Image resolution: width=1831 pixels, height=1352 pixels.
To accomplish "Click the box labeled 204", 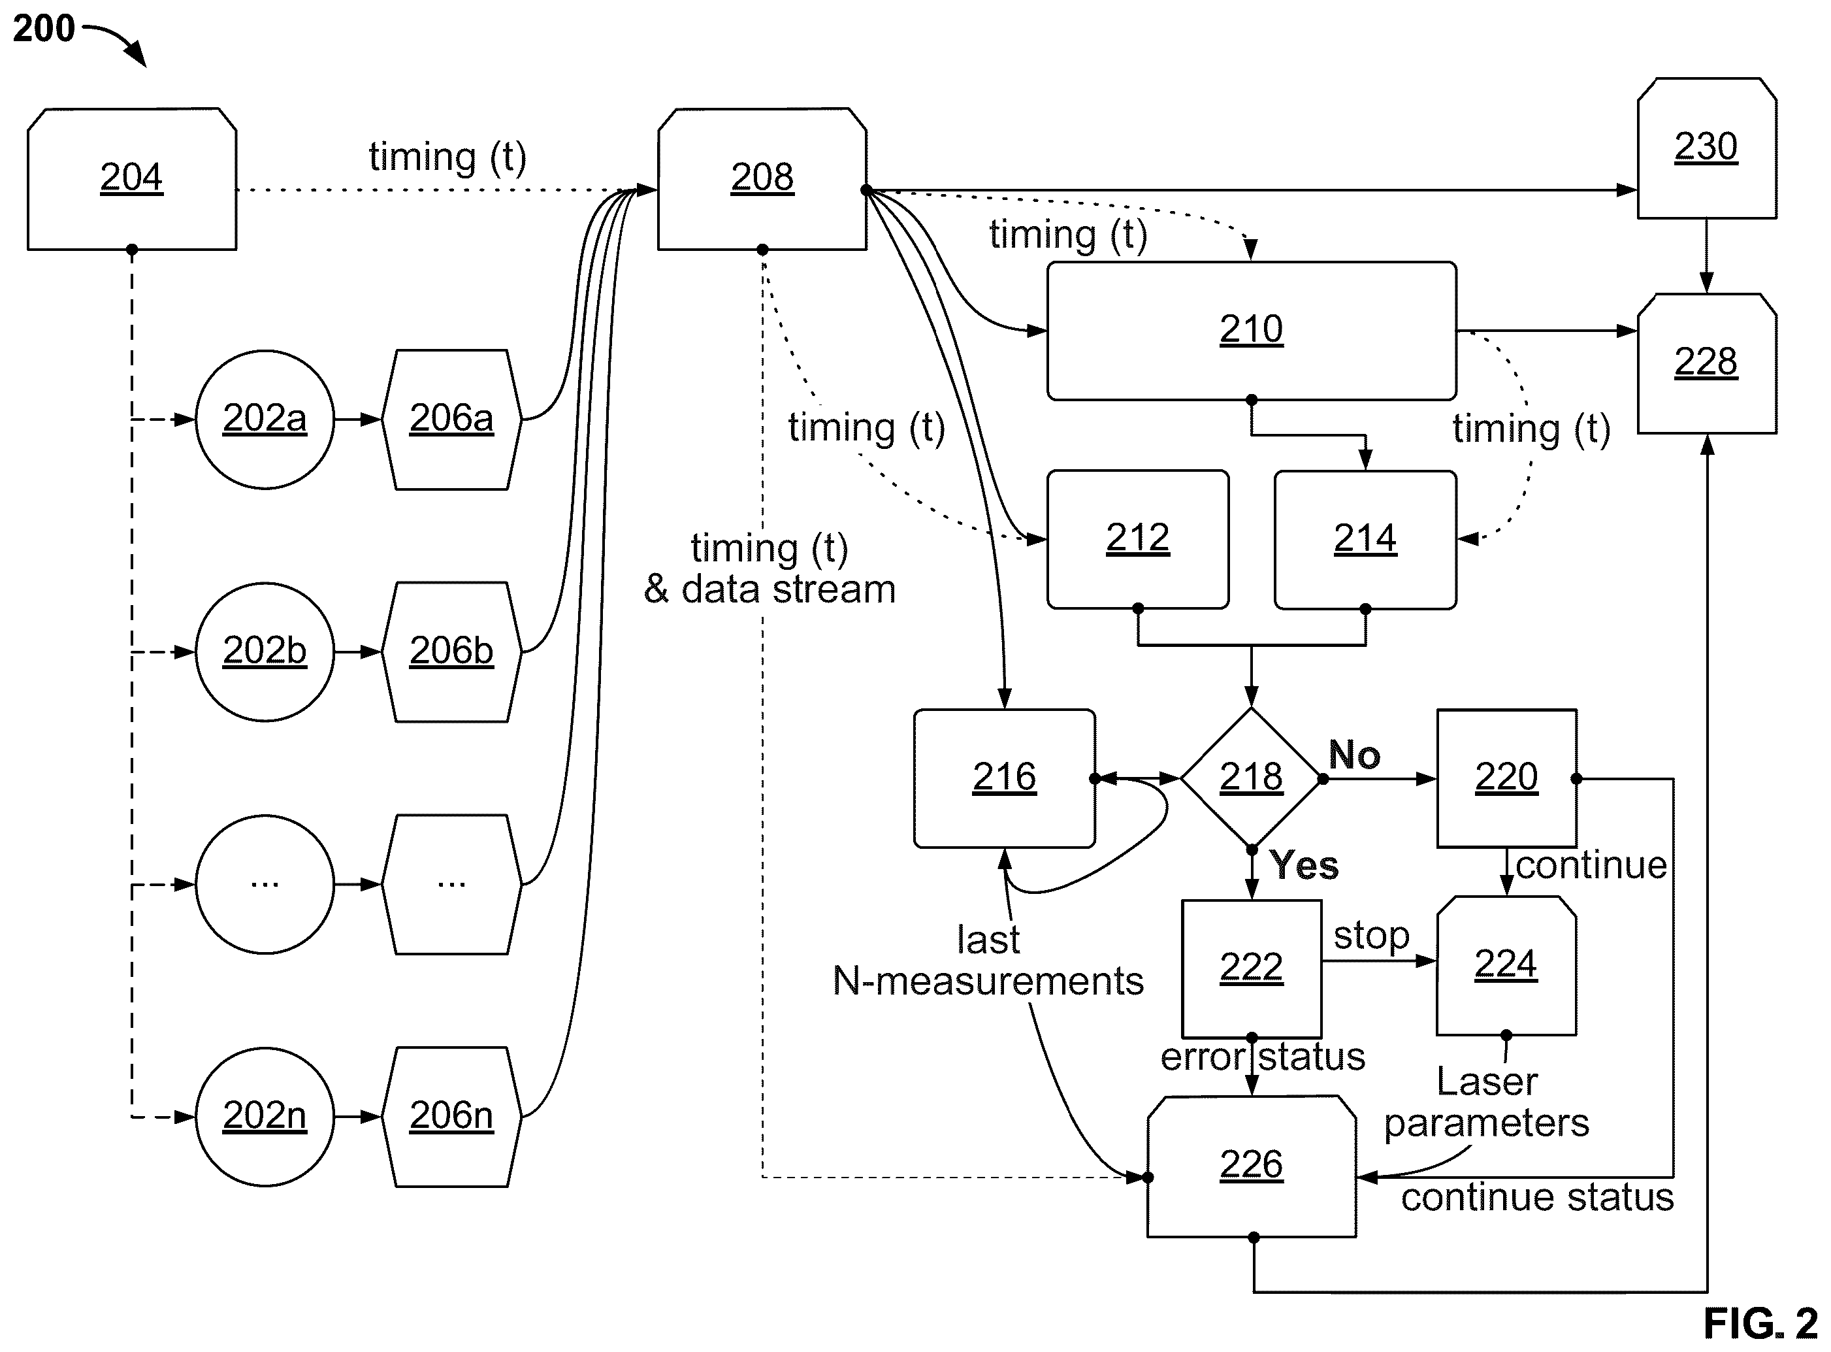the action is point(132,178).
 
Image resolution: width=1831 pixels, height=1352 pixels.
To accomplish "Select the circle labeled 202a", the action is point(265,420).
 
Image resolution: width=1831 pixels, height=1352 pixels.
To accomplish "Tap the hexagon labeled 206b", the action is point(451,652).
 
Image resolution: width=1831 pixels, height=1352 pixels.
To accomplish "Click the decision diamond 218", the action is point(1251,778).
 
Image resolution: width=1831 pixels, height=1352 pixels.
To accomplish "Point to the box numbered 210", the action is point(1251,331).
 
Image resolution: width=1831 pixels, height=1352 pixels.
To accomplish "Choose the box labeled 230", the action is point(1707,148).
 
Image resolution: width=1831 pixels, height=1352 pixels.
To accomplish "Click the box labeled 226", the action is point(1251,1166).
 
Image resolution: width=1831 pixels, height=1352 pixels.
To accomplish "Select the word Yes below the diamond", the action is point(1304,866).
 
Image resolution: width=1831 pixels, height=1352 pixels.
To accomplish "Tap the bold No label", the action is point(1354,755).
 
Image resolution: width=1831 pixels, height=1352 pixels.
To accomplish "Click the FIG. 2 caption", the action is point(1760,1323).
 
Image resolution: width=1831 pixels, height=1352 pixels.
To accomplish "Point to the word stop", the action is point(1371,936).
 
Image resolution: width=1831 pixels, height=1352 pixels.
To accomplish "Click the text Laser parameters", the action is point(1487,1102).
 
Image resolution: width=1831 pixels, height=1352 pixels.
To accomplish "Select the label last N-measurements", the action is point(988,961).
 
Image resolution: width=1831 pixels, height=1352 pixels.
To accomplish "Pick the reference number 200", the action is point(43,29).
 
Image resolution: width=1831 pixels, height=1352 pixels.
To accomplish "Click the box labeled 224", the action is point(1506,966).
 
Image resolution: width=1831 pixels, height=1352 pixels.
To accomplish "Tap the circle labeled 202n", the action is point(265,1117).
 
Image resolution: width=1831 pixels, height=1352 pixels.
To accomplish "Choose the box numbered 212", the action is point(1138,539).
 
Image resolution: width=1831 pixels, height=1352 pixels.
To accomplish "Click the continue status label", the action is point(1537,1197).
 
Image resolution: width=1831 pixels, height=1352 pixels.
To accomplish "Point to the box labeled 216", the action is point(1005,778).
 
